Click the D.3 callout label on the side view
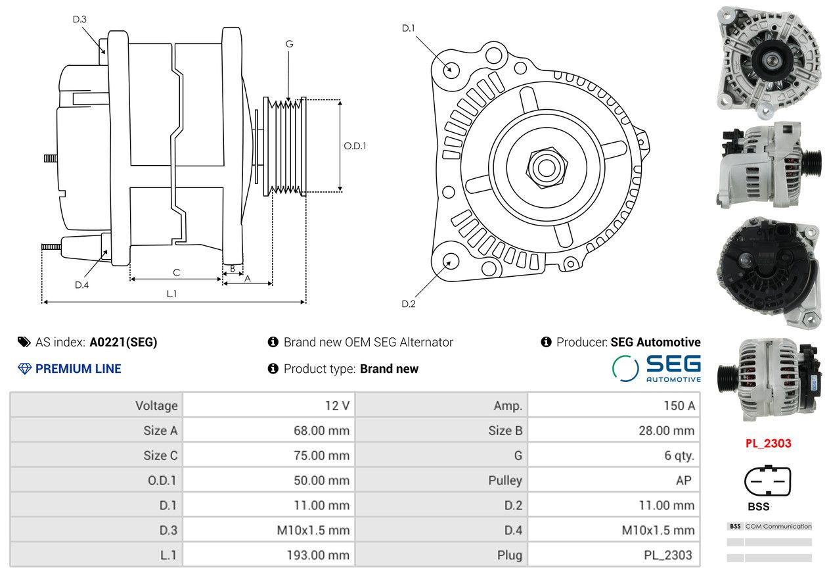(x=79, y=19)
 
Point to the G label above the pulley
(x=290, y=44)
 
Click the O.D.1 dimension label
(x=355, y=146)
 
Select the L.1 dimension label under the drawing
(x=171, y=294)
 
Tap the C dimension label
(x=177, y=273)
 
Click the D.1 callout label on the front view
(x=409, y=28)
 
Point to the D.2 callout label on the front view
(x=409, y=304)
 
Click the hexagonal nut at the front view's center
(x=547, y=168)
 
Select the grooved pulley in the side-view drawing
(x=284, y=147)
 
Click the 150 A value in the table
(x=679, y=406)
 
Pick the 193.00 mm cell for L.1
(x=318, y=555)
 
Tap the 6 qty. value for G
(x=679, y=455)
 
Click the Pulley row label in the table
(x=505, y=481)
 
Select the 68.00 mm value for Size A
(x=321, y=431)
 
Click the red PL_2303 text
(x=769, y=443)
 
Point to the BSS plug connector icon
(x=767, y=480)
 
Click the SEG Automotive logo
(x=656, y=368)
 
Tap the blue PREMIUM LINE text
(x=78, y=369)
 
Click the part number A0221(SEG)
(x=123, y=342)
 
